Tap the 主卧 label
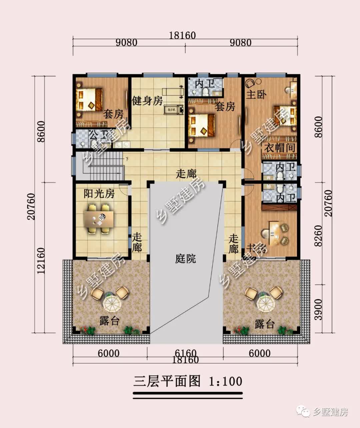(256, 94)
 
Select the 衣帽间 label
(280, 147)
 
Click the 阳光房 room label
(99, 193)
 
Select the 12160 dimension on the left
(41, 261)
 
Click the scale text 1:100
(225, 381)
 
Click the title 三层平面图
(167, 381)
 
